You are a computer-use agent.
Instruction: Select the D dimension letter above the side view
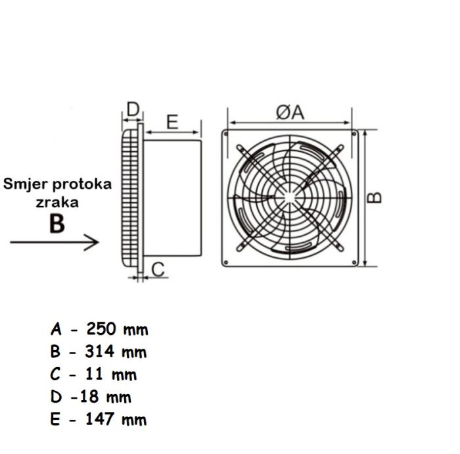point(133,109)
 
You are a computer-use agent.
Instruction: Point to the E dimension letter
point(172,122)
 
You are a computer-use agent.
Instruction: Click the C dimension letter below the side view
point(158,269)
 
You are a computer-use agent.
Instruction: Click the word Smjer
point(24,184)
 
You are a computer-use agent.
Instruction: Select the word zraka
point(57,202)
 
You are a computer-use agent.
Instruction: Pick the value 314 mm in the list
point(117,351)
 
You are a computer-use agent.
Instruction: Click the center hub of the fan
point(290,197)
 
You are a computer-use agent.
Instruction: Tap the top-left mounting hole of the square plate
point(226,134)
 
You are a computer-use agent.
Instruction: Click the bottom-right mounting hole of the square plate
point(355,263)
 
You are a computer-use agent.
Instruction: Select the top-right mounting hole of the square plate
point(355,134)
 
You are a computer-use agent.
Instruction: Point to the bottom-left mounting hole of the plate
point(226,263)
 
